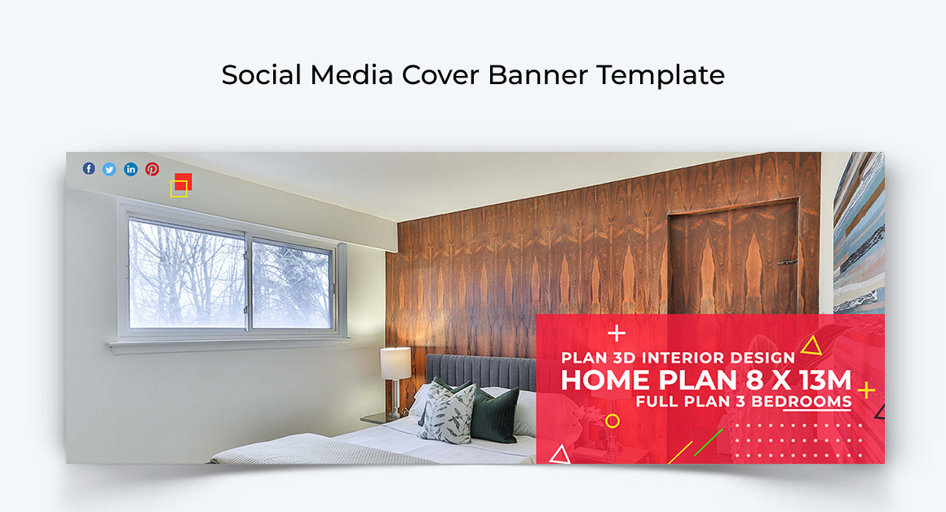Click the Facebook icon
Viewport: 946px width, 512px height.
[89, 169]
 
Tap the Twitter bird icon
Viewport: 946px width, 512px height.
[109, 169]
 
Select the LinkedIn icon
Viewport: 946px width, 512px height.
[130, 169]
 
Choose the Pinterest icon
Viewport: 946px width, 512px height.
[153, 169]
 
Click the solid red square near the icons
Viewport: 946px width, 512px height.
[184, 180]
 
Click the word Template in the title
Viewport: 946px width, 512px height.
[660, 75]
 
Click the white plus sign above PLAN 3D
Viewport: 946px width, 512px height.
[617, 333]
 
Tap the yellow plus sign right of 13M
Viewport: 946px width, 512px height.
[866, 390]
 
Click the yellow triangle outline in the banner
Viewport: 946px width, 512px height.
[811, 347]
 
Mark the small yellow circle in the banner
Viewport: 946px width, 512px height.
[612, 421]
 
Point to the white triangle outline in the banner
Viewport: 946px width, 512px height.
[559, 455]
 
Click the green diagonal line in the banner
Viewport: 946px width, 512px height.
[709, 441]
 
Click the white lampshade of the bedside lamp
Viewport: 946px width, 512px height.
[396, 363]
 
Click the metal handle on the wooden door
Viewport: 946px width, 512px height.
[787, 261]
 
